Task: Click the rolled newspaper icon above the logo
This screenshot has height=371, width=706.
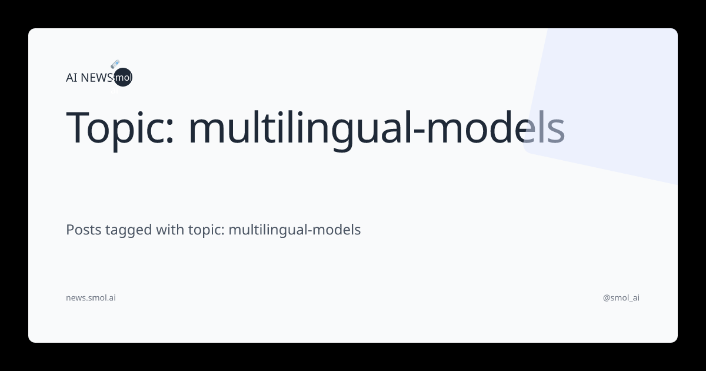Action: [115, 64]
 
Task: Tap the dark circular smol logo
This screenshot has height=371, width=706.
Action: [124, 77]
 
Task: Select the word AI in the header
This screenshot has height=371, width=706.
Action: [72, 77]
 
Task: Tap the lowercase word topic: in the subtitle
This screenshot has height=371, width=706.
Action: [206, 231]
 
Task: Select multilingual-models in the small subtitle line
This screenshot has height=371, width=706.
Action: [294, 230]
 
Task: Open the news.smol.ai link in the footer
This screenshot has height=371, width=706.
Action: [91, 298]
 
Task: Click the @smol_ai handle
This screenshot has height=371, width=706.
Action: [621, 298]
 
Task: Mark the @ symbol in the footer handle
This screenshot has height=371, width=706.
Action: [607, 298]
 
